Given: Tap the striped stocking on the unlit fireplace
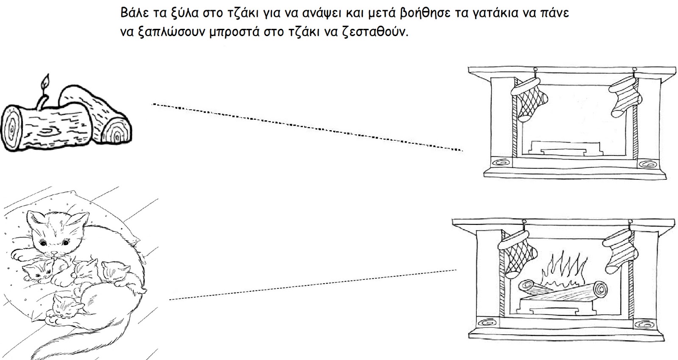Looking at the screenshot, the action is click(x=625, y=97).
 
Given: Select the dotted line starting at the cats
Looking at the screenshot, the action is click(x=313, y=285).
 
